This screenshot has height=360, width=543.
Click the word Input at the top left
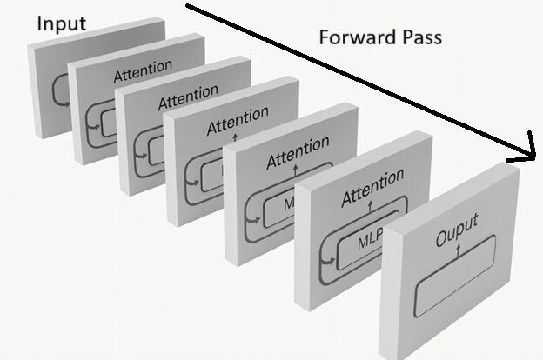point(61,23)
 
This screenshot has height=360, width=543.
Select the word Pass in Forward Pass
point(420,38)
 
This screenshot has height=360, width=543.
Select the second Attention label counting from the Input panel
point(188,92)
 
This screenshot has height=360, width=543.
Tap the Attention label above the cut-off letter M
point(298,153)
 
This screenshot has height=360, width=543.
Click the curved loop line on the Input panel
point(59,87)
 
